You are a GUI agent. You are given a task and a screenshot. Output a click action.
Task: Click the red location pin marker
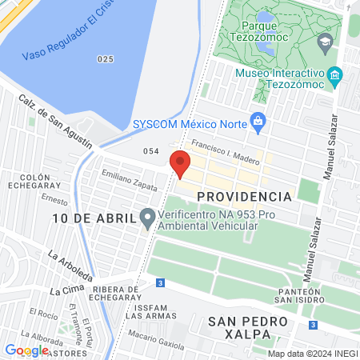pos(180,165)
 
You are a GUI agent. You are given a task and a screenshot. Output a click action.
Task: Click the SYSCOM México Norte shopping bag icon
pos(257,121)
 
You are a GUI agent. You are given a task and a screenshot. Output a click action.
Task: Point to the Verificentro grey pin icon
pos(146,217)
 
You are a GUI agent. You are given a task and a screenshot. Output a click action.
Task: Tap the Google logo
pos(26,350)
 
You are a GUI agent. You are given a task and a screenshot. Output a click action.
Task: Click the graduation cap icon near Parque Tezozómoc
pos(326,42)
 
